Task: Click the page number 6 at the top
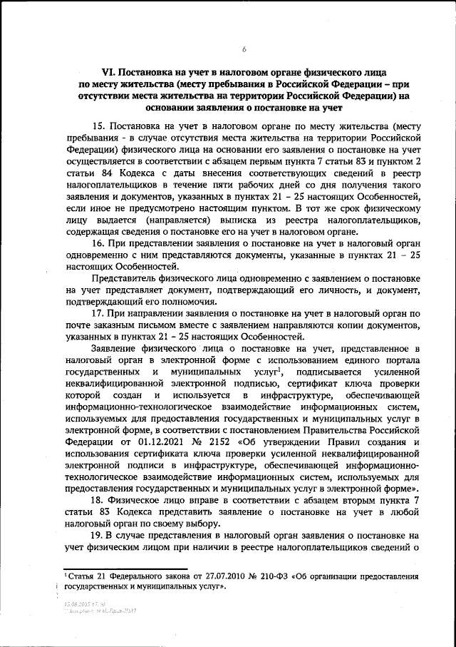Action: point(244,49)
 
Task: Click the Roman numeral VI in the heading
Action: point(109,72)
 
